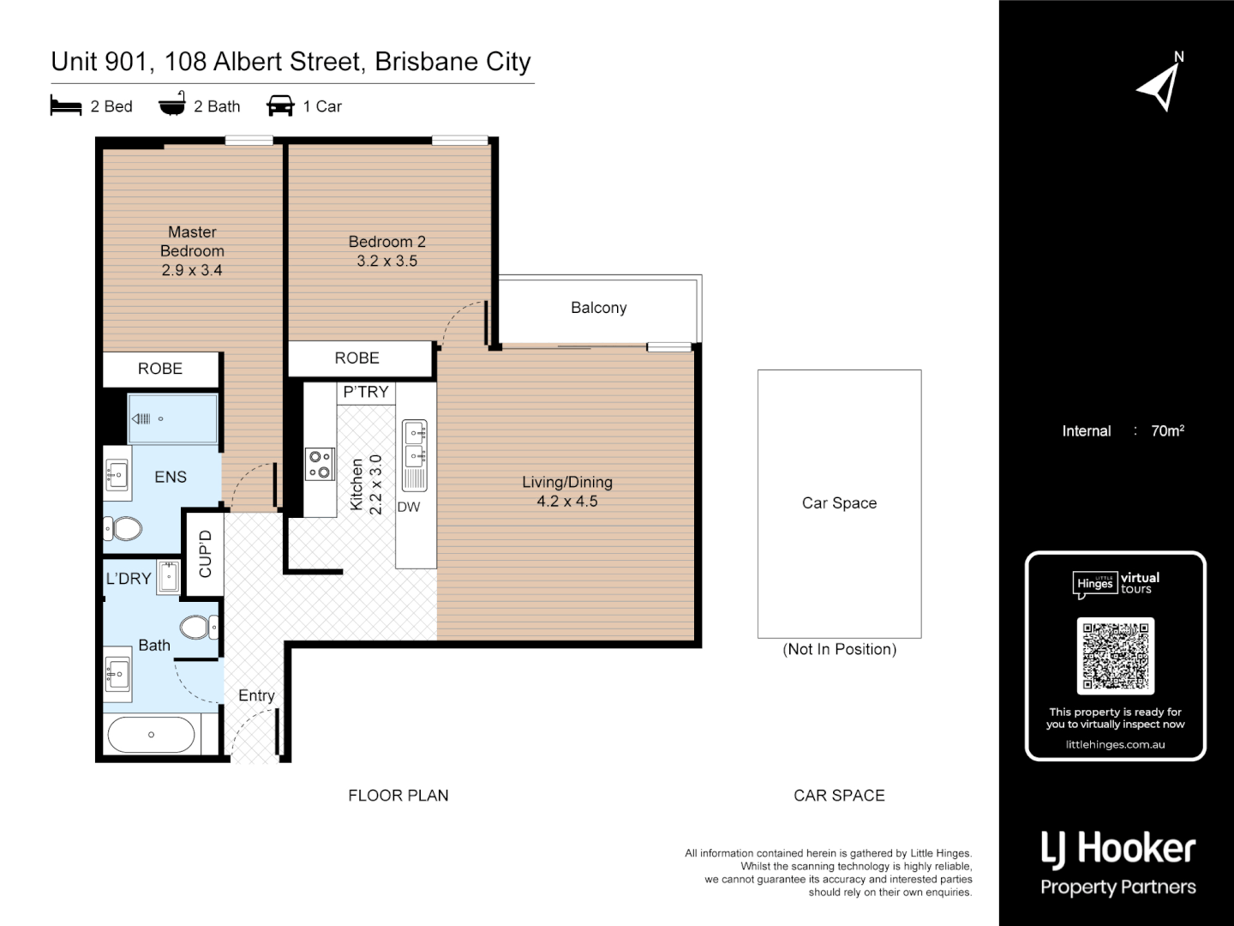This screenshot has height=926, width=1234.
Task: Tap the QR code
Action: (1115, 656)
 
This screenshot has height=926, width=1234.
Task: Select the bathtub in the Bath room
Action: (151, 735)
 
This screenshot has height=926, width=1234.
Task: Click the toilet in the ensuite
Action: (125, 528)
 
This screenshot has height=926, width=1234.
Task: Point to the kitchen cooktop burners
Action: (320, 464)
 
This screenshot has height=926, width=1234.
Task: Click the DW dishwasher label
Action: (409, 507)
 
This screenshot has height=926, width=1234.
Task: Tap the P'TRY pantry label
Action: (366, 392)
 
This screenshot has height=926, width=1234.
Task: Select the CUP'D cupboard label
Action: (205, 554)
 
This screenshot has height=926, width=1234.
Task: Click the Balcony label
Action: (598, 308)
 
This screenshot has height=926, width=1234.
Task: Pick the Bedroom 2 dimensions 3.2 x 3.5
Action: (386, 261)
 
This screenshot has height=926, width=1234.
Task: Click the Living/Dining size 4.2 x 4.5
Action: (566, 502)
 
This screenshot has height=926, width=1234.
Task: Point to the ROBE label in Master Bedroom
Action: (160, 369)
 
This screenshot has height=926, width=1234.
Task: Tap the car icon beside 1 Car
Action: (280, 106)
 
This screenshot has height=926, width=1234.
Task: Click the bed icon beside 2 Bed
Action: (66, 106)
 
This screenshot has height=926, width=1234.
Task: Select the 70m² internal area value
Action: (1167, 431)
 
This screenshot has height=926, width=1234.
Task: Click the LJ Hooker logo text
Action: (1117, 850)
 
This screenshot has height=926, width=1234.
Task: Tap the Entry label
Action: (256, 695)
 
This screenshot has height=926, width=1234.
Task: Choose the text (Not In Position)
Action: (839, 649)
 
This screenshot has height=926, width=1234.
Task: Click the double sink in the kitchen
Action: (415, 442)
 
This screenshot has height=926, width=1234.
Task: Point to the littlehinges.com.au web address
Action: (1115, 744)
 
